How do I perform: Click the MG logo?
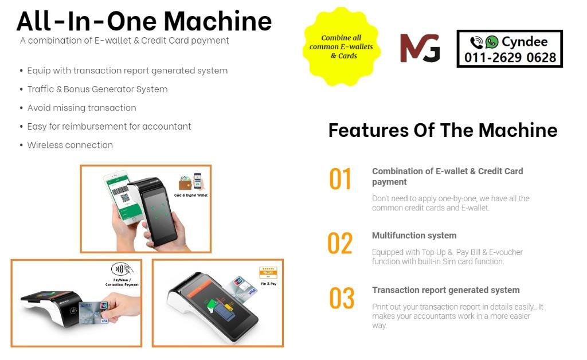click(x=420, y=48)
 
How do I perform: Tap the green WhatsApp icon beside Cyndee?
click(x=491, y=42)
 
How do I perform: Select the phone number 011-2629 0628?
click(x=510, y=58)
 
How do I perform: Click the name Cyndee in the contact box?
click(x=525, y=41)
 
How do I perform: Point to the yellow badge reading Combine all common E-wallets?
click(x=342, y=47)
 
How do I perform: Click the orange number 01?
click(x=340, y=179)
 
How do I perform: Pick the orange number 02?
click(x=340, y=243)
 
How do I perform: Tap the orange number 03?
click(x=342, y=298)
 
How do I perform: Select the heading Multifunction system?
click(x=414, y=236)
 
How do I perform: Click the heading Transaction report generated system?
click(x=446, y=290)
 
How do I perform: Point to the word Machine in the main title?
click(x=218, y=21)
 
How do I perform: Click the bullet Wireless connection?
click(x=70, y=145)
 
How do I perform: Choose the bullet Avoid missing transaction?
click(x=81, y=108)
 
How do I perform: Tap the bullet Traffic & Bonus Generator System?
click(x=97, y=89)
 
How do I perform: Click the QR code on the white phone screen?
click(x=125, y=197)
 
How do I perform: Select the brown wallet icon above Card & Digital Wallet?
click(x=185, y=183)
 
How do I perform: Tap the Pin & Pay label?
click(x=268, y=284)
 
